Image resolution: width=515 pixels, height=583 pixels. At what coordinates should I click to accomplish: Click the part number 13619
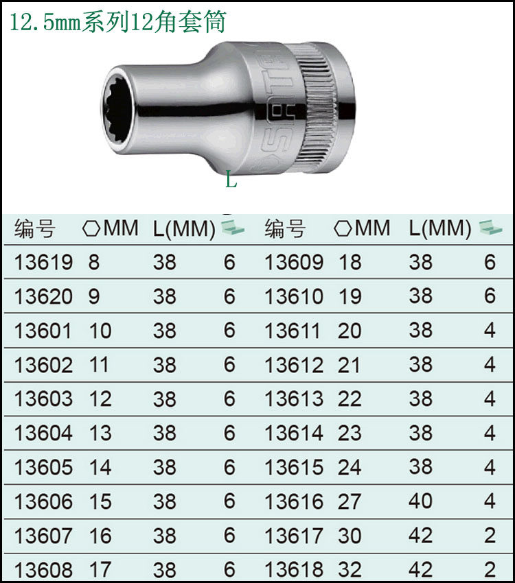click(43, 262)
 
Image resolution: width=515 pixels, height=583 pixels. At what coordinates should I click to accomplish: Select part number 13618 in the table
click(294, 569)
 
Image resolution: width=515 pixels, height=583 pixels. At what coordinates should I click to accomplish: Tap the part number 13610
click(294, 296)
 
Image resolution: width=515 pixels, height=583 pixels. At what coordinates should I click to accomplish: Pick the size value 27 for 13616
click(350, 501)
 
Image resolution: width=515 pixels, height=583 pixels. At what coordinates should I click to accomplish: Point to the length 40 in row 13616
click(420, 501)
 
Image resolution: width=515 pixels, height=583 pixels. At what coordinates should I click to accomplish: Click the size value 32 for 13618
click(350, 569)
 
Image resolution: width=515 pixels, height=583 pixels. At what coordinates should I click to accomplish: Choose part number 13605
click(43, 467)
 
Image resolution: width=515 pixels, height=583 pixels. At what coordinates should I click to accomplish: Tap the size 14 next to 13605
click(100, 467)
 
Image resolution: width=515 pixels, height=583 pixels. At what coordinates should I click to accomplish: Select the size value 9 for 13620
click(94, 296)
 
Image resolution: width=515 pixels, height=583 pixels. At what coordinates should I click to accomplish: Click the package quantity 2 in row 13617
click(490, 535)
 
